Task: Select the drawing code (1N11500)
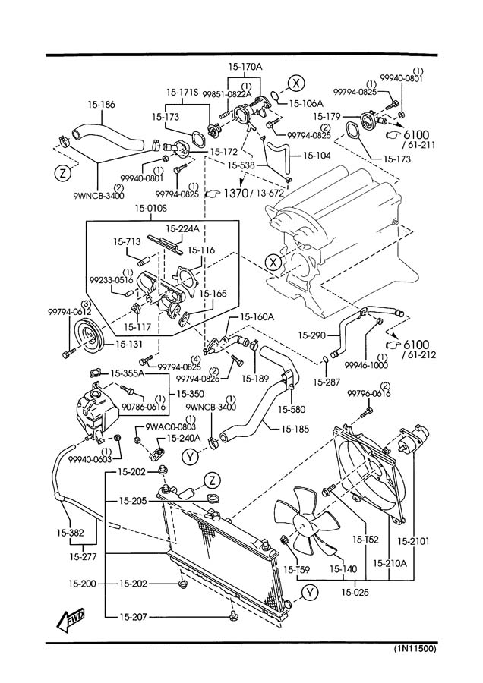pos(415,650)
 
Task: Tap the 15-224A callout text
pos(184,228)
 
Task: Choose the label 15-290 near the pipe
pos(311,334)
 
